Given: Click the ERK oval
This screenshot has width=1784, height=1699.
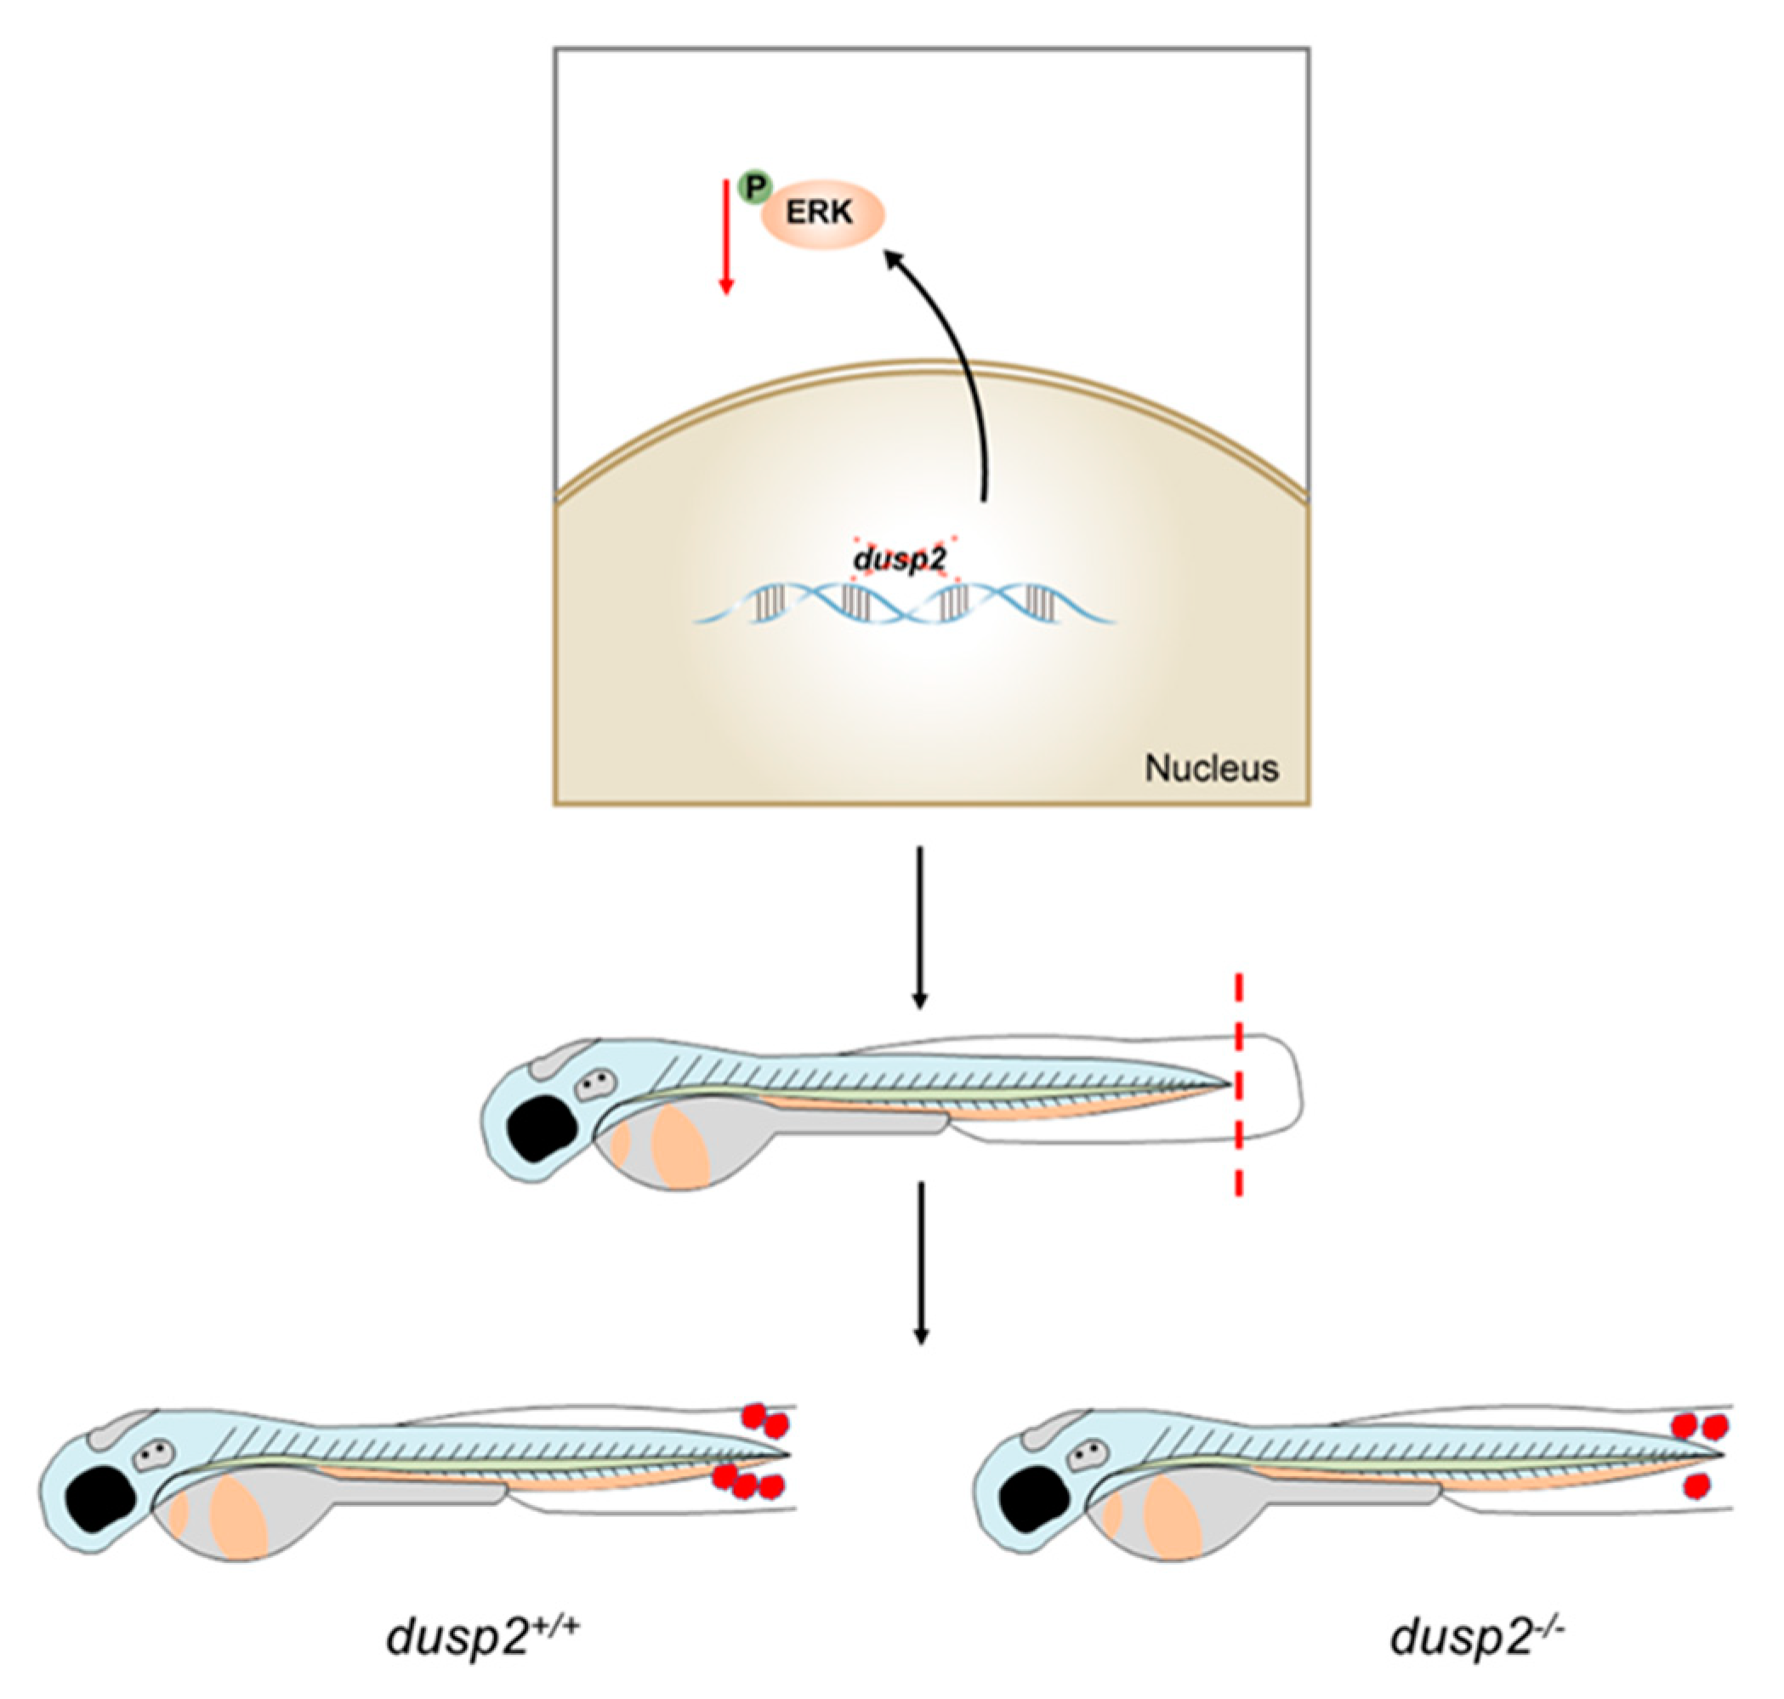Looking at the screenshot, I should point(821,214).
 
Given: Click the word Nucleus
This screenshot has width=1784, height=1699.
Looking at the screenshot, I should point(1211,768).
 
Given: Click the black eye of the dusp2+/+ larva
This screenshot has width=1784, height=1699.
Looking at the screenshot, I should point(99,1501).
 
